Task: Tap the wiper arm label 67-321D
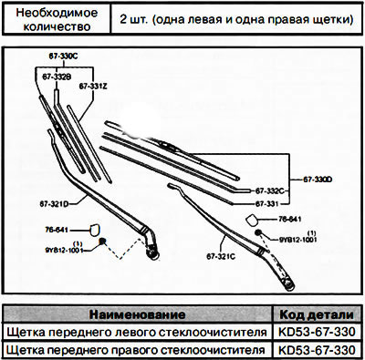(x=54, y=201)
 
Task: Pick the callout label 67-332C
(x=271, y=190)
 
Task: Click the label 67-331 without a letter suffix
(x=266, y=203)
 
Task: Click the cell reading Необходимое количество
(x=56, y=18)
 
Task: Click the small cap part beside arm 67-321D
(x=90, y=233)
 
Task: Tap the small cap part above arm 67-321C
(x=252, y=220)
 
